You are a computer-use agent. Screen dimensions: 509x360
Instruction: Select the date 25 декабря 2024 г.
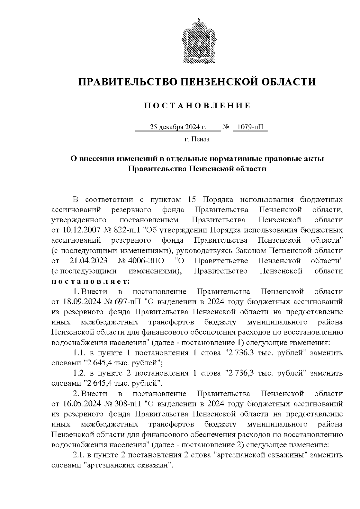(178, 127)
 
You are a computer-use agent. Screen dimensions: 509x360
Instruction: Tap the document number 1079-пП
(250, 127)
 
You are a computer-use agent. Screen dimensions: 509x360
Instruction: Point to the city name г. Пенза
(197, 139)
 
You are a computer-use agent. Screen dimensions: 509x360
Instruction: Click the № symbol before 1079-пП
(226, 127)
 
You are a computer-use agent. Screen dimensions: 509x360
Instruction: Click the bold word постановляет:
(91, 281)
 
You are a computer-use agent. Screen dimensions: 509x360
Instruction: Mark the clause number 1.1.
(79, 353)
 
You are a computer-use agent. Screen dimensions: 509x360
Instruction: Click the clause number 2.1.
(79, 455)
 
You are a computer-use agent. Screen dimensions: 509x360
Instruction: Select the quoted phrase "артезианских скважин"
(128, 466)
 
